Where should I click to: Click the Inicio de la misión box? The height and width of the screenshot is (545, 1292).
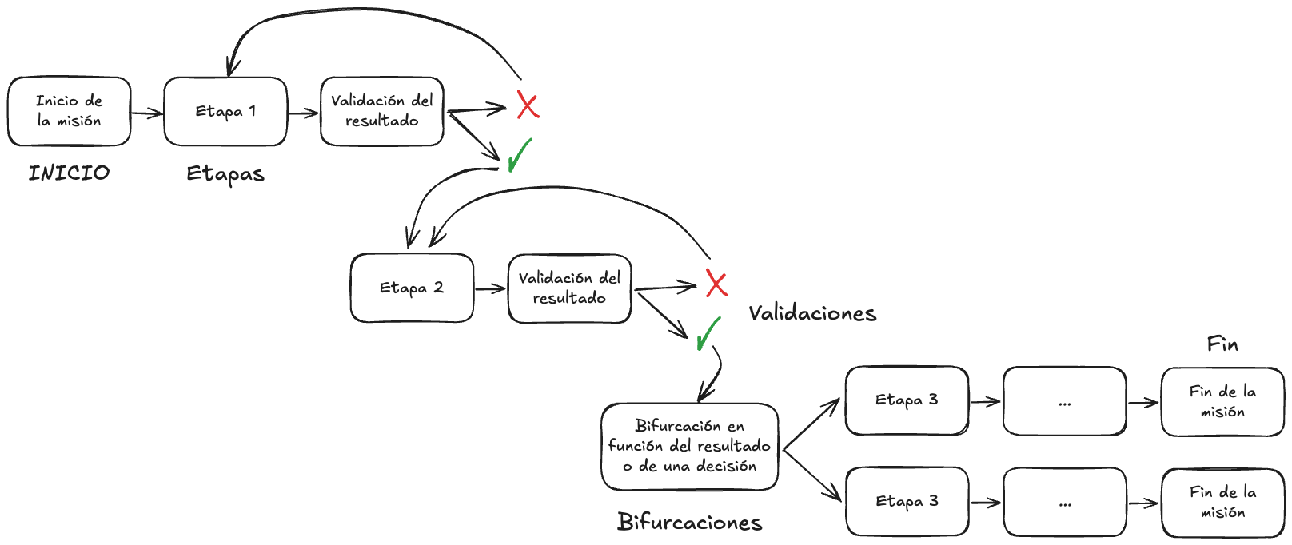coord(69,111)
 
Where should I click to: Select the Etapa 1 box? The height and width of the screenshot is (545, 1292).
coord(225,111)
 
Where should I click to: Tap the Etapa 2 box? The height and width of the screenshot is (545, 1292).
coord(412,288)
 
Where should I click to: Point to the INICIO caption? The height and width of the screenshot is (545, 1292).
coord(69,173)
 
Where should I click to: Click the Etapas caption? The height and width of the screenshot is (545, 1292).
coord(225,174)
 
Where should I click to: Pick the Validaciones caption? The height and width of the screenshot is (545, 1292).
coord(812,313)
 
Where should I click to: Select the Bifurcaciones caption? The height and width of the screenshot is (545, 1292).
coord(689,523)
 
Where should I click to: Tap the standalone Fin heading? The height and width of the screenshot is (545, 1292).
coord(1222,344)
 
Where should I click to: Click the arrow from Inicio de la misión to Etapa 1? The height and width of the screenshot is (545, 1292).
coord(147,113)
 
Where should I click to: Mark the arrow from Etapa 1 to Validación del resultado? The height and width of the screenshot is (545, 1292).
coord(304,113)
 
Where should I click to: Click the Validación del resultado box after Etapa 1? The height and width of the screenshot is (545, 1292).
coord(381,111)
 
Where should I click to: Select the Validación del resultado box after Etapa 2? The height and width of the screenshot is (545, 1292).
coord(569,288)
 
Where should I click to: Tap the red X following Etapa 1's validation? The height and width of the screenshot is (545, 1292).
coord(528,105)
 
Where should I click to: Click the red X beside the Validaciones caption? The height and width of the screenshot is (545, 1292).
coord(716,284)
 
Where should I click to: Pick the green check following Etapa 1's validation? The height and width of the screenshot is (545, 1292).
coord(520,155)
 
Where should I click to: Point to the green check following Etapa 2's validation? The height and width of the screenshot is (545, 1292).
coord(708,334)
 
